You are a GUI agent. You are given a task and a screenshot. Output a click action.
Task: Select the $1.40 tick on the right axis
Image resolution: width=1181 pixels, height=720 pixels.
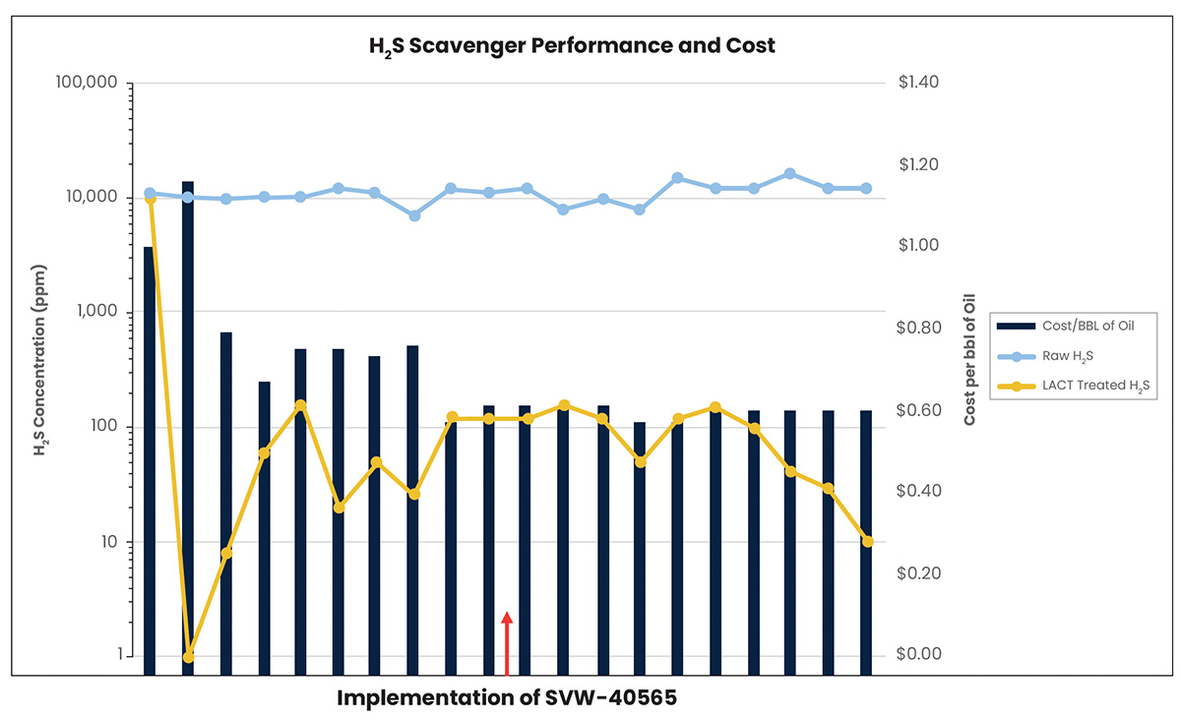click(x=919, y=83)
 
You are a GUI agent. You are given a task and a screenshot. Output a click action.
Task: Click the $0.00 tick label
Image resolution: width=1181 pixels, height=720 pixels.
click(x=919, y=655)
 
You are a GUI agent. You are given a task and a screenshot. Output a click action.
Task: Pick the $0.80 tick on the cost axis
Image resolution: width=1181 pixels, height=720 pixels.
click(x=919, y=328)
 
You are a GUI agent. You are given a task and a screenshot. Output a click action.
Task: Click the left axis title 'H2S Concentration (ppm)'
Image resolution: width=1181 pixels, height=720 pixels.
click(x=40, y=360)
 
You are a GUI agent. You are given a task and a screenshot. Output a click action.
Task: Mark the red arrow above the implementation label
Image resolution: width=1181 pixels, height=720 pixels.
click(x=507, y=642)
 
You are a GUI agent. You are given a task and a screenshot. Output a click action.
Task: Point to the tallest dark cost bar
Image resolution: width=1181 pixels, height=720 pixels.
click(x=188, y=423)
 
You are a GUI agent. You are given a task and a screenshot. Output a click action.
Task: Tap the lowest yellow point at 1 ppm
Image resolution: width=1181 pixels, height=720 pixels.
click(x=188, y=656)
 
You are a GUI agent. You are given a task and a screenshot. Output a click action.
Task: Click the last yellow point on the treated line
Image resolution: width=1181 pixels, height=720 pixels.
click(x=867, y=541)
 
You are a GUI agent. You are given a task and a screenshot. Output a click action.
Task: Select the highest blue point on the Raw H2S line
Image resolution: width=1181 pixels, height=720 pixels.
click(x=790, y=174)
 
